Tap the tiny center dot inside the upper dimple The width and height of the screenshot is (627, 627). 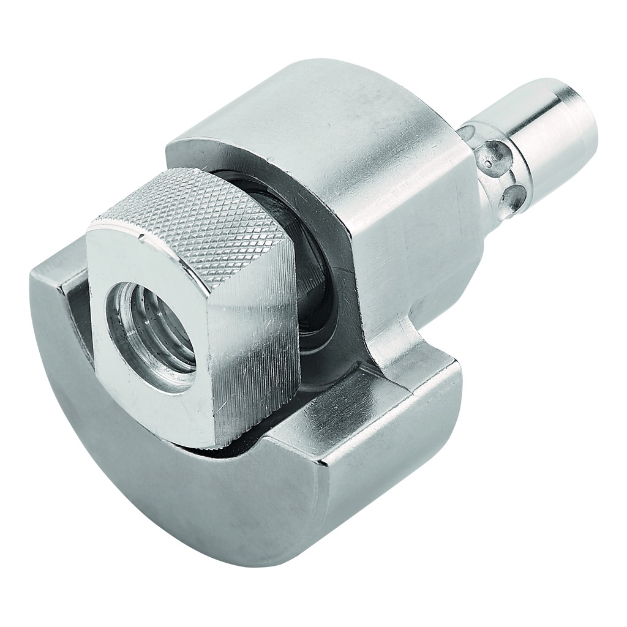487,163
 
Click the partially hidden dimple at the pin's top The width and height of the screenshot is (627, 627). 468,132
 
